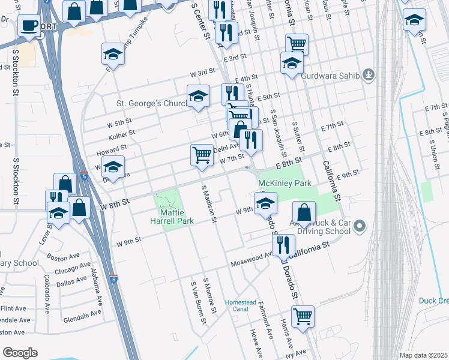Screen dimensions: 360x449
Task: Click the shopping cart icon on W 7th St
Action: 202,154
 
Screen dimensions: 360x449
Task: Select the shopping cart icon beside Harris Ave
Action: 303,315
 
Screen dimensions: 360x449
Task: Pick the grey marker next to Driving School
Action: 360,226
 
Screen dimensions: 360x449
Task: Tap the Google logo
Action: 20,352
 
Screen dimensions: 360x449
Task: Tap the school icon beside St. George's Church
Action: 197,95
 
